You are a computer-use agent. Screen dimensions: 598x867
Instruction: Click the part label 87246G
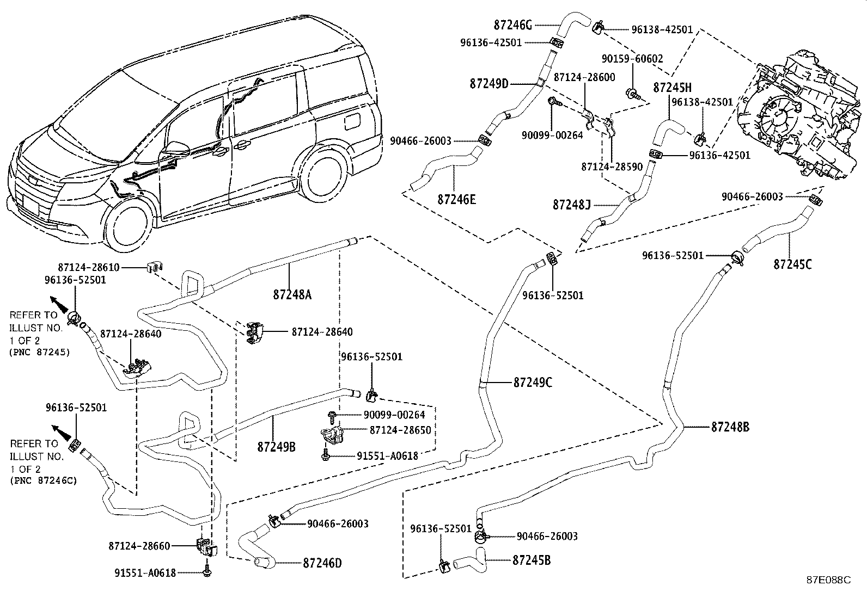512,24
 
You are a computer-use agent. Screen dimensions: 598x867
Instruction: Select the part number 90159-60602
632,59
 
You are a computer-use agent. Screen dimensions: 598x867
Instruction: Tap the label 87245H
672,87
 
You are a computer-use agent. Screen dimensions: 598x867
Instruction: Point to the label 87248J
571,205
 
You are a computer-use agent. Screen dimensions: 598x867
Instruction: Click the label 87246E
456,199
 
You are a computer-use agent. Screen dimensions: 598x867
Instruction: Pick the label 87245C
792,264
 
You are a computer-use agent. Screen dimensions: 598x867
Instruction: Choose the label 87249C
532,383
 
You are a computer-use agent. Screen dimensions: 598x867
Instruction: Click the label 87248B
730,427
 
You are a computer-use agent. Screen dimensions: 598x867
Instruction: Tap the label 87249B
276,447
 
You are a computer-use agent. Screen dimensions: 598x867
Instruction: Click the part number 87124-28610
88,267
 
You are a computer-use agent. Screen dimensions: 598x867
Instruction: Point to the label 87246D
322,563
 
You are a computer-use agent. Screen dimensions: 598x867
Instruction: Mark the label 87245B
531,560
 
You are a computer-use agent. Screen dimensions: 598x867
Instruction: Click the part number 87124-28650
400,430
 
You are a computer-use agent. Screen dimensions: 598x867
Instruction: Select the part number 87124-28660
139,546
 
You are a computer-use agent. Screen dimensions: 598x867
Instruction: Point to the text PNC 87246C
43,480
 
